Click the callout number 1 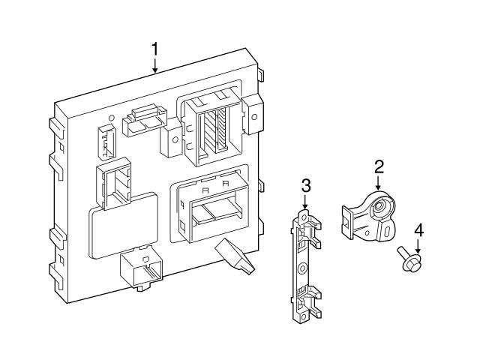(154, 50)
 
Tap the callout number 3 (305, 184)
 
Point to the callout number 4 (418, 229)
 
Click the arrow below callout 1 (154, 66)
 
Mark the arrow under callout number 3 (305, 201)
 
